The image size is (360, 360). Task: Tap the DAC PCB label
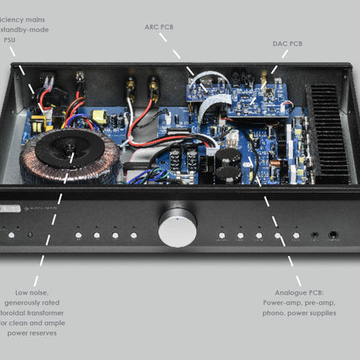[287, 43]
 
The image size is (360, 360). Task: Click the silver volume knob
[177, 226]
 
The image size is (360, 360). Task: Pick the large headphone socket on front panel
[334, 235]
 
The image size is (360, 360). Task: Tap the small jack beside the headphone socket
[315, 236]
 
